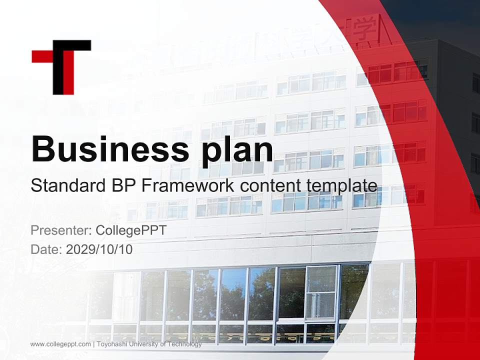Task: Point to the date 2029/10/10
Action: coord(99,249)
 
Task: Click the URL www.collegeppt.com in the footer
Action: coord(60,344)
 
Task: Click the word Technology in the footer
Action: coord(185,344)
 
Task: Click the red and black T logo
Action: coord(61,67)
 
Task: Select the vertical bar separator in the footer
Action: coord(94,344)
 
